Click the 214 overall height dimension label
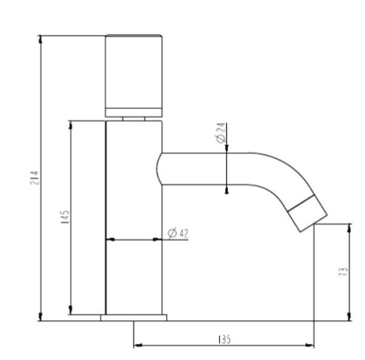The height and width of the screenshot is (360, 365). pyautogui.click(x=34, y=178)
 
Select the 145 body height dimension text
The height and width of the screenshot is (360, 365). pyautogui.click(x=65, y=217)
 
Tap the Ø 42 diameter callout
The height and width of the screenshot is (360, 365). pyautogui.click(x=178, y=233)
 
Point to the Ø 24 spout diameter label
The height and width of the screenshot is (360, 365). pyautogui.click(x=221, y=133)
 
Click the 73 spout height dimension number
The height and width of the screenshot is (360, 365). pyautogui.click(x=343, y=272)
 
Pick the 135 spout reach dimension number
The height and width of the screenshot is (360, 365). pyautogui.click(x=224, y=339)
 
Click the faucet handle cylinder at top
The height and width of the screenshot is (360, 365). pyautogui.click(x=134, y=76)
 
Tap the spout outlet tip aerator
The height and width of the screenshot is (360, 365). pyautogui.click(x=308, y=213)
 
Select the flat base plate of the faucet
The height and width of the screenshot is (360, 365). pyautogui.click(x=134, y=317)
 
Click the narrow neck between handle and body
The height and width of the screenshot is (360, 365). pyautogui.click(x=134, y=119)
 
